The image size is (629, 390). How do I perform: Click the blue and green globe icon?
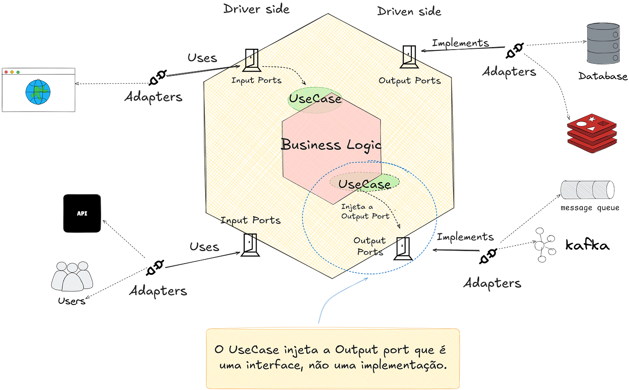(38, 92)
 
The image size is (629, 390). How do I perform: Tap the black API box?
(82, 214)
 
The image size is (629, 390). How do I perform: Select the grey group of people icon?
(72, 276)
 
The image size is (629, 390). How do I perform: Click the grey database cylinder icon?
(603, 43)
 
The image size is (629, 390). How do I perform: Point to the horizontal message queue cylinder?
(588, 190)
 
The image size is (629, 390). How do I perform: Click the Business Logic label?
(331, 145)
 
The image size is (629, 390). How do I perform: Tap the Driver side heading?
(256, 9)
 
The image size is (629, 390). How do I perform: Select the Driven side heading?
(409, 11)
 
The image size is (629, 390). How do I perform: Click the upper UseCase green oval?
(315, 99)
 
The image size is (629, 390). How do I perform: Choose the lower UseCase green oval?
(364, 184)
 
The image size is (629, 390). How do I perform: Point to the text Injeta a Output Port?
(364, 212)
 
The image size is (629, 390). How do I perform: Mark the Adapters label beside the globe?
(153, 97)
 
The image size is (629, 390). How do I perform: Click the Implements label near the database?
(461, 43)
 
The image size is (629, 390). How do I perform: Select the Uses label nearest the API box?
(204, 246)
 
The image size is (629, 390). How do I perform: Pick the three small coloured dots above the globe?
(12, 72)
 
